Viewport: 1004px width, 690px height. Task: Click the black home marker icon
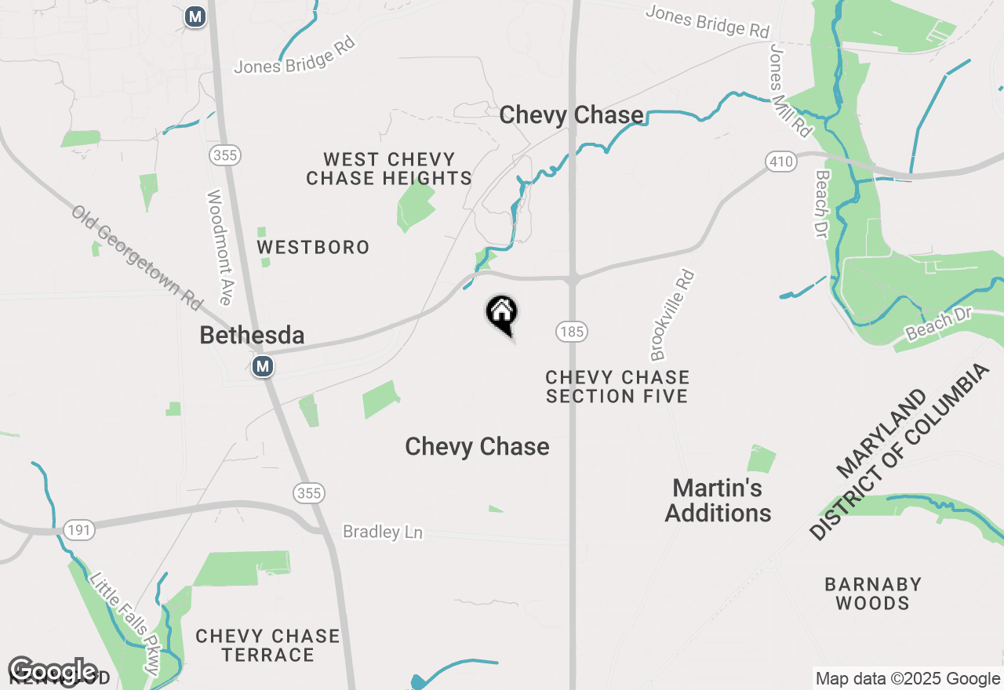click(502, 314)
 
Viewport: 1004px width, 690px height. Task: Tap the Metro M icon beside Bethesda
click(263, 366)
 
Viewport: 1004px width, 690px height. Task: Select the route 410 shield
click(781, 162)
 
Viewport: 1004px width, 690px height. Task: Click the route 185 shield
click(572, 332)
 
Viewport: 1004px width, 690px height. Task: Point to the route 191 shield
click(79, 531)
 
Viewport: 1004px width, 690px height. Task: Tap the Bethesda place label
click(252, 336)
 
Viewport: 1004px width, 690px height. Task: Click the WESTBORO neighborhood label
click(313, 248)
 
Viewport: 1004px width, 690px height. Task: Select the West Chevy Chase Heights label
click(389, 169)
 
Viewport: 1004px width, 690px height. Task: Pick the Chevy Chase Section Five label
click(617, 387)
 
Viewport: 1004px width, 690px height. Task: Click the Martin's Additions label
click(718, 500)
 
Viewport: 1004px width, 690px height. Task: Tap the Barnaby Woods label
click(872, 594)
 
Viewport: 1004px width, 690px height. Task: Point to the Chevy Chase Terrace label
click(267, 645)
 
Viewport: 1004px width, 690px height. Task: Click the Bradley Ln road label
click(383, 532)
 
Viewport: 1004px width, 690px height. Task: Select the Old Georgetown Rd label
click(137, 257)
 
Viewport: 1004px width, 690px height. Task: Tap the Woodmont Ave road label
click(219, 248)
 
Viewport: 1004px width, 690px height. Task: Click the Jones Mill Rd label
click(791, 90)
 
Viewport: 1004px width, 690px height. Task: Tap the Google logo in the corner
click(53, 671)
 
